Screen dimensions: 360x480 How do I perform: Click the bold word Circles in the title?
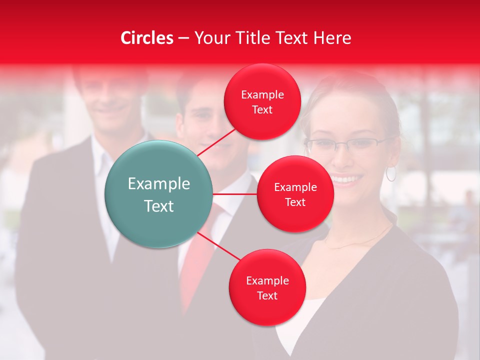click(x=146, y=38)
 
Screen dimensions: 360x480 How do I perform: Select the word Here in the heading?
click(x=332, y=38)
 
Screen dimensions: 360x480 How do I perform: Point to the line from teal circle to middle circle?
click(x=235, y=194)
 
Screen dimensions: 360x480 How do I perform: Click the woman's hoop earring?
click(x=390, y=174)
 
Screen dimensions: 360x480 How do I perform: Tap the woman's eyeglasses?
click(x=345, y=145)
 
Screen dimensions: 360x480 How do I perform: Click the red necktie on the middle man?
click(x=197, y=265)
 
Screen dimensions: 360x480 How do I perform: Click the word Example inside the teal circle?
click(x=158, y=183)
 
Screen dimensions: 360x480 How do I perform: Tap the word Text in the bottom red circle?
click(x=267, y=295)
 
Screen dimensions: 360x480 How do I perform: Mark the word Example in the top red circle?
click(x=262, y=94)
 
